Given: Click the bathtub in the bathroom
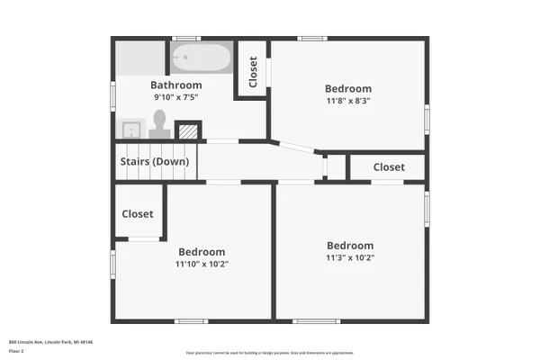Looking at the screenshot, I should pos(201,58).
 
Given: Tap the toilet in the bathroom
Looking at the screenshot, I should pos(160,121).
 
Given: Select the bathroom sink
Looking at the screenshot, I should pos(131,129).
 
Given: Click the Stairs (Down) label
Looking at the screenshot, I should pos(155,162).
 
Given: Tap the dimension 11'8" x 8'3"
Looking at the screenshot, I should pos(347,102).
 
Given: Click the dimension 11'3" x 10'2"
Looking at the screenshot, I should pos(349,258).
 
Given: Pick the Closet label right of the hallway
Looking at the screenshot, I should pos(389,167).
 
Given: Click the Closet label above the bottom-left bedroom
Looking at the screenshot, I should pos(138,214).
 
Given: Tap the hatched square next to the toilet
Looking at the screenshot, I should pos(187,131).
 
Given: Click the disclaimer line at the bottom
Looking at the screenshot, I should pos(270,353).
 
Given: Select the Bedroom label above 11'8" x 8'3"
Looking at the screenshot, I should pos(347,89).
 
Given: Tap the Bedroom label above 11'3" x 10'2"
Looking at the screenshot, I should pos(349,246).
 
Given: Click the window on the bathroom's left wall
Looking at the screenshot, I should pos(112,94).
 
